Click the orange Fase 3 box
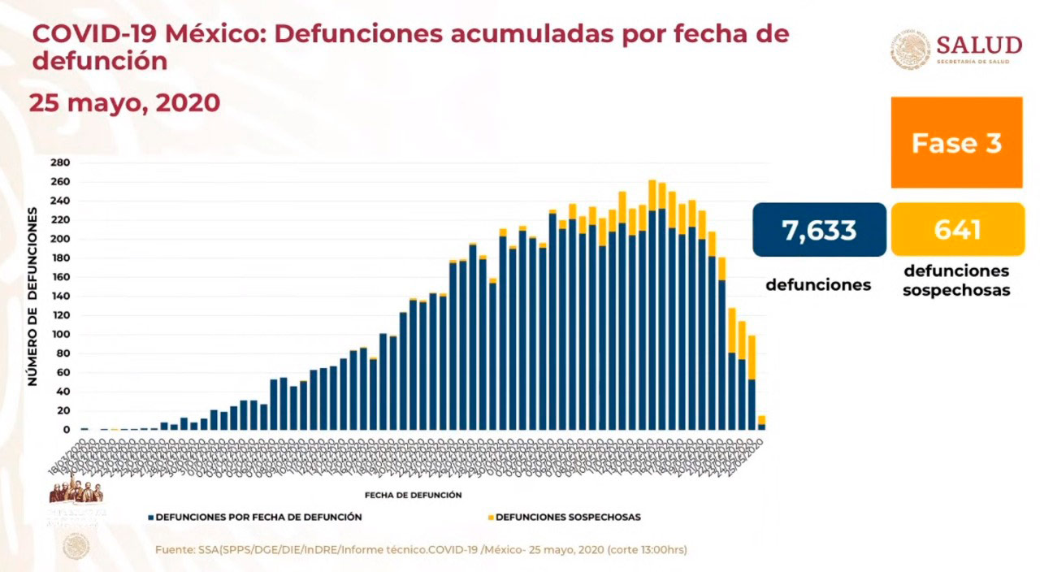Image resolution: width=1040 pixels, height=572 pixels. [x=956, y=143]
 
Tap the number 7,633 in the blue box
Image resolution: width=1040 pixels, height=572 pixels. [x=819, y=230]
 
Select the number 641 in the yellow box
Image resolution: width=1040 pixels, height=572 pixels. [x=957, y=230]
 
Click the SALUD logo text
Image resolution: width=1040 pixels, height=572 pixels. [x=978, y=45]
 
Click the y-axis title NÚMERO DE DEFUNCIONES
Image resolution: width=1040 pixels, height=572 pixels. [x=33, y=297]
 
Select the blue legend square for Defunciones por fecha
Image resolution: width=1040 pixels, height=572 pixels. [x=151, y=517]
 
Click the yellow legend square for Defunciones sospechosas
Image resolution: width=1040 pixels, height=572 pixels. [x=490, y=517]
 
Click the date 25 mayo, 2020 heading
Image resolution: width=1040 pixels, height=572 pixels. [x=125, y=103]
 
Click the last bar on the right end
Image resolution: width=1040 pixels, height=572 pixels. [x=761, y=423]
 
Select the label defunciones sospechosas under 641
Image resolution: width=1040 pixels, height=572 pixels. [x=956, y=280]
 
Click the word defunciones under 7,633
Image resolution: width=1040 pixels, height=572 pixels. [x=818, y=285]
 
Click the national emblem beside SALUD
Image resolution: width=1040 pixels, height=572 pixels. [x=910, y=49]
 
